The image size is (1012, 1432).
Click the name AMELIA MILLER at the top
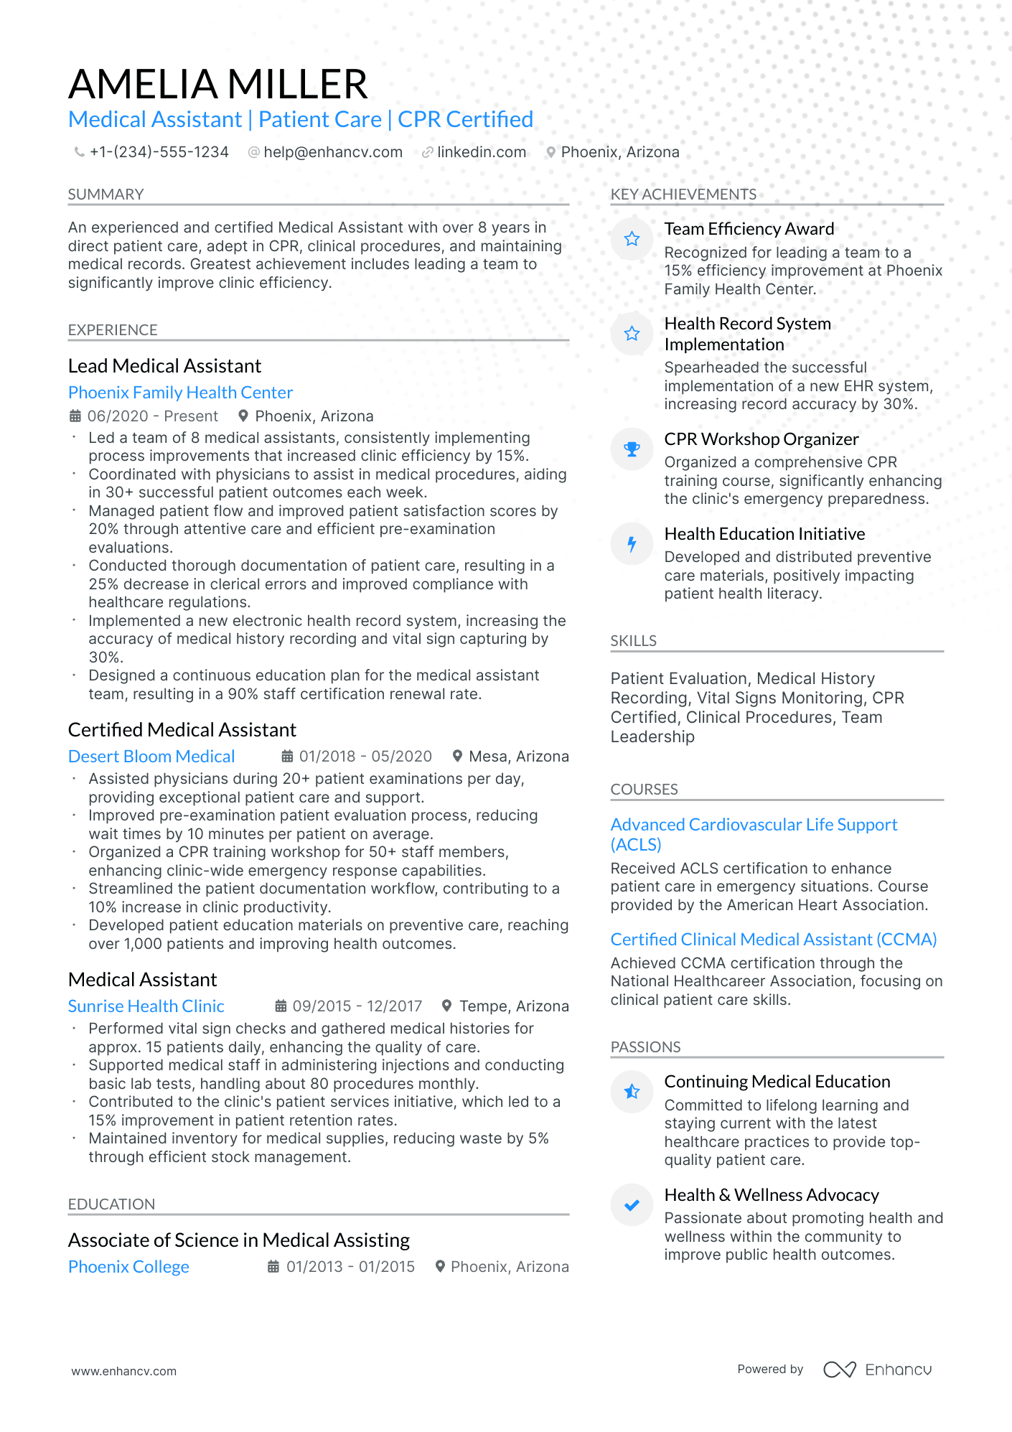(217, 84)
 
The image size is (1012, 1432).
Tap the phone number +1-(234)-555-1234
(159, 152)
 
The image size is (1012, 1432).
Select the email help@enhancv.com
(332, 152)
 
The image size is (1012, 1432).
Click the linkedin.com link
(481, 152)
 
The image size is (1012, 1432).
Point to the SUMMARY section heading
(106, 195)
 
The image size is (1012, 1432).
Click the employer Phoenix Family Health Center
(180, 393)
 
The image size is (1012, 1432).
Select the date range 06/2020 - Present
(151, 416)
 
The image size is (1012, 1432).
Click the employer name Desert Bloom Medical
(151, 757)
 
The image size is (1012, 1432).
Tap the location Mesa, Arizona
(518, 757)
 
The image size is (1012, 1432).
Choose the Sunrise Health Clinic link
(146, 1006)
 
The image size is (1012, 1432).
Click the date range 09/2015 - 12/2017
(357, 1006)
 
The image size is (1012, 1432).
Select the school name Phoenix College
(128, 1267)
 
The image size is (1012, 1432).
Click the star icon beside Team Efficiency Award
(632, 239)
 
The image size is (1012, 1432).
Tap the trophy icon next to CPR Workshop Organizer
(632, 449)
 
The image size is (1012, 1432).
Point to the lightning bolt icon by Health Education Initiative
(632, 544)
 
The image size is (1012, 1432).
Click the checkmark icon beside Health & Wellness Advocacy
(632, 1205)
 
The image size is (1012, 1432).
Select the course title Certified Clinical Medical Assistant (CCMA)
(774, 940)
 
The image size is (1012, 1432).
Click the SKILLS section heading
(633, 641)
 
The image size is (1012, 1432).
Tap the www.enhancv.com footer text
(123, 1371)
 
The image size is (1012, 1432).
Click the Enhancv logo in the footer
(877, 1370)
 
